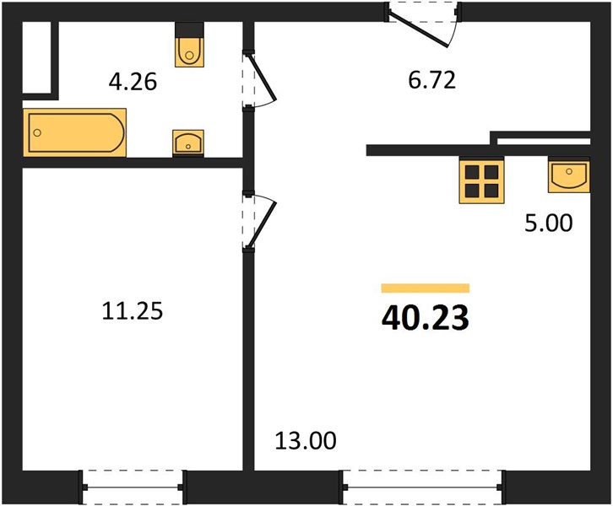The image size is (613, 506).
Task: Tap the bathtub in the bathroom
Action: click(x=74, y=132)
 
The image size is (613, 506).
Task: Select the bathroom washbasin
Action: click(x=188, y=143)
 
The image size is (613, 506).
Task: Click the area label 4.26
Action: click(x=133, y=82)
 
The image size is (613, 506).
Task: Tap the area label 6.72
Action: click(x=432, y=80)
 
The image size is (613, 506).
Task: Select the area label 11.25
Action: click(x=132, y=311)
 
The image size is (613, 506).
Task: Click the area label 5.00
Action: click(x=549, y=223)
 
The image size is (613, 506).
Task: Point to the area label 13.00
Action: click(x=306, y=440)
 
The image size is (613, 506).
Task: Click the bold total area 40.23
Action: click(x=426, y=318)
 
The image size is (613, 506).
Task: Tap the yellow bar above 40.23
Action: click(x=426, y=288)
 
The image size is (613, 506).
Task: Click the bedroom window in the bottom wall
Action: click(x=133, y=487)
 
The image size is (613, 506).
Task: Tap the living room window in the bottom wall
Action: click(x=422, y=487)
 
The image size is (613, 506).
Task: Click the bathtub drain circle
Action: click(x=37, y=132)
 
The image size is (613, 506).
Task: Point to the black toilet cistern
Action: click(x=190, y=30)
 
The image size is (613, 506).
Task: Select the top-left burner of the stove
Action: click(x=472, y=172)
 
